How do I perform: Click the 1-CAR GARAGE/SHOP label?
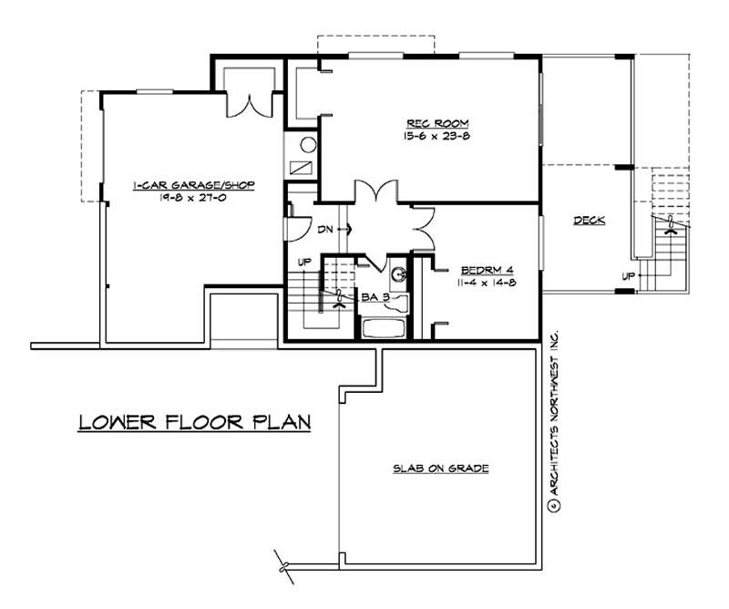[x=193, y=184]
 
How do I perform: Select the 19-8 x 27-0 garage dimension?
[x=193, y=197]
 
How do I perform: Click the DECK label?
[x=590, y=221]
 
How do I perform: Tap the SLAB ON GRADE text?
[x=442, y=469]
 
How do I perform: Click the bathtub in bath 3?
[x=385, y=327]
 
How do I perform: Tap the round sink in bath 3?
[x=397, y=272]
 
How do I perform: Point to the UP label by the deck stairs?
[x=628, y=275]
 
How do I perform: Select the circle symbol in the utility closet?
[x=308, y=143]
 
